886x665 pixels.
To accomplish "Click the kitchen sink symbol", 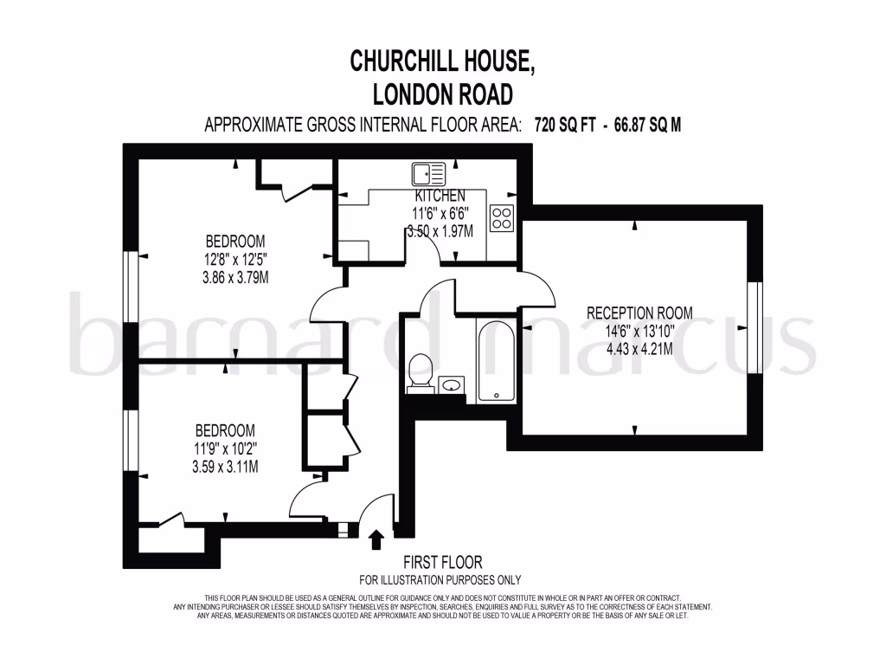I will tap(428, 174).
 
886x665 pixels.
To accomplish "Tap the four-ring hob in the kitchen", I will tap(502, 218).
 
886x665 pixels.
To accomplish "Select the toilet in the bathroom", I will tap(420, 371).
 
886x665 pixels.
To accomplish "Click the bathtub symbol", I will tap(496, 361).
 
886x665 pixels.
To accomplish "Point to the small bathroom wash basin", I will tap(451, 384).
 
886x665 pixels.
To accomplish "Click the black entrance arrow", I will tap(376, 541).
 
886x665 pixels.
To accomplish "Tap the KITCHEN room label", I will tap(439, 197).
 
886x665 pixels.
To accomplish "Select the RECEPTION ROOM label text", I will tap(639, 313).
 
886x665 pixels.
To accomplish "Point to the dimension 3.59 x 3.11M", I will tap(225, 466).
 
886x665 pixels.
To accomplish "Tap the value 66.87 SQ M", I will tap(647, 125).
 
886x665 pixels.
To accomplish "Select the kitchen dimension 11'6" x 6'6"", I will tap(440, 214).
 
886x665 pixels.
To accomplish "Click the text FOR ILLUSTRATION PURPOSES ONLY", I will tap(440, 580).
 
